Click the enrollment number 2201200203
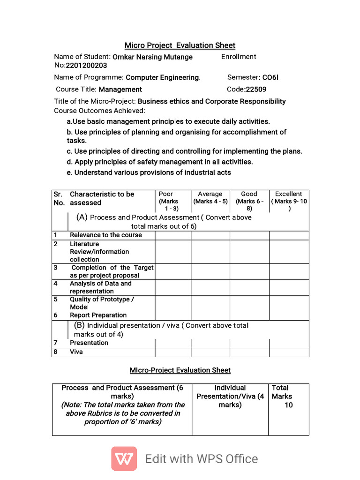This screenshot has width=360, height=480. tap(86, 66)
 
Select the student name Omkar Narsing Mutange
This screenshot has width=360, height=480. tap(152, 57)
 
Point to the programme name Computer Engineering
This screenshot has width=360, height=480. tap(163, 77)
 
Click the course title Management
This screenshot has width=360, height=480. tap(120, 89)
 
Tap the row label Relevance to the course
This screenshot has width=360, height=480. tap(105, 235)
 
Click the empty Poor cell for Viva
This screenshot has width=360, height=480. tap(172, 352)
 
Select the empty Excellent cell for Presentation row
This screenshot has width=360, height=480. tap(289, 343)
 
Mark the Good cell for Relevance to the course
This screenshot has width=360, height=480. tap(249, 235)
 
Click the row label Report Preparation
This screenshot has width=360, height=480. tap(98, 315)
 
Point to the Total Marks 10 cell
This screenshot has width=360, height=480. tap(288, 397)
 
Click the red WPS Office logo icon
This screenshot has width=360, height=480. tap(124, 458)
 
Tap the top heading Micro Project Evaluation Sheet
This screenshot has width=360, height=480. tap(180, 45)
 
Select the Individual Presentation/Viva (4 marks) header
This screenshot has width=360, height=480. tap(230, 396)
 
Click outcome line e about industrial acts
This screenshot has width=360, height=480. tap(152, 172)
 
